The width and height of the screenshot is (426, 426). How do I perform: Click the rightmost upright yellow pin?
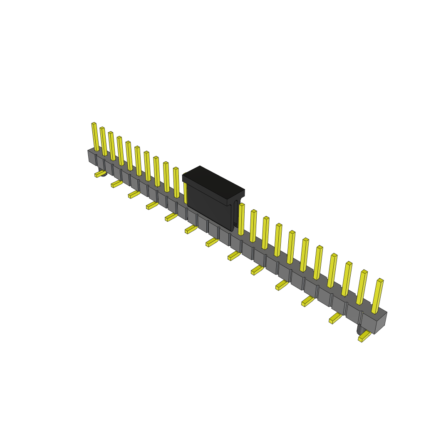point(377,296)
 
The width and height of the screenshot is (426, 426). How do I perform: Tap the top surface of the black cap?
point(213,182)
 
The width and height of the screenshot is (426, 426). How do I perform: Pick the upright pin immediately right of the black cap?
point(241,219)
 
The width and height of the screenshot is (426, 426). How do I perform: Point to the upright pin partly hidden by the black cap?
point(185,192)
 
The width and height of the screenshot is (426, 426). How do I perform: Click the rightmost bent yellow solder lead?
point(364,337)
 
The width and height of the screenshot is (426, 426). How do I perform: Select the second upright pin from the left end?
point(104,141)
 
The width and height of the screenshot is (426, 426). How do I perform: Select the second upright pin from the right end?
point(362,287)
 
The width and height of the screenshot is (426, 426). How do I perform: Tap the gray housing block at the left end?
point(92,157)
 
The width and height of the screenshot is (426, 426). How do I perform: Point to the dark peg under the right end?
point(360,330)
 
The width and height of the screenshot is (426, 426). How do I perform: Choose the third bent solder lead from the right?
point(307,301)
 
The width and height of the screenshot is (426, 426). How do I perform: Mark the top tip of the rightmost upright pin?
point(380,281)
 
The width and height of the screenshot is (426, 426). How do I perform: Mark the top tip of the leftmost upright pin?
point(94,124)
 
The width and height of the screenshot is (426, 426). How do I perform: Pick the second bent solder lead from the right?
point(335,318)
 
